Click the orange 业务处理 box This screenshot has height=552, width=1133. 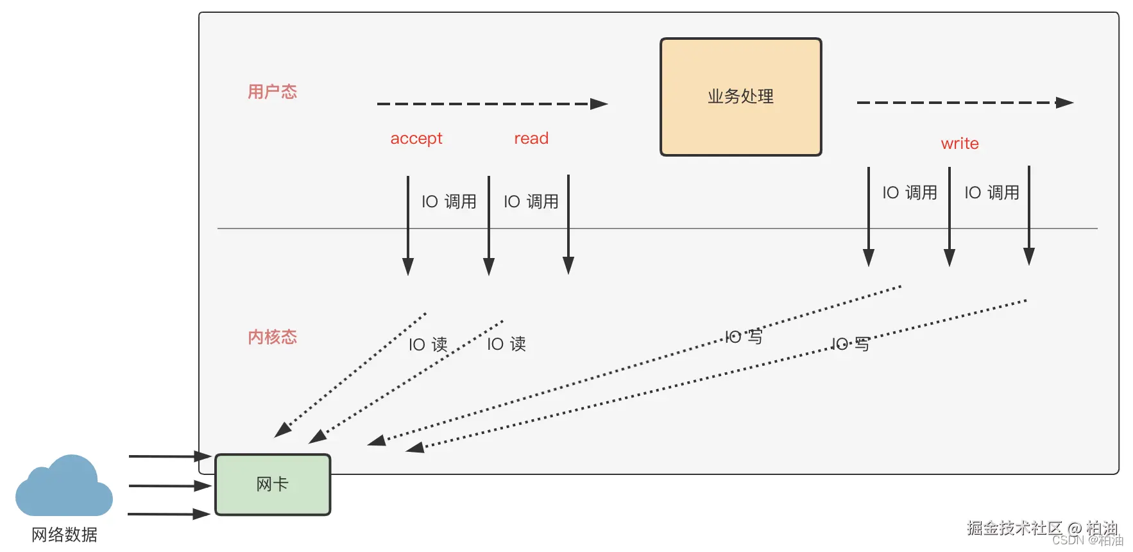(x=741, y=97)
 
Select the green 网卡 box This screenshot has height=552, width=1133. (x=273, y=485)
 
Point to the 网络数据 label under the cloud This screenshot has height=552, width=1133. (x=64, y=535)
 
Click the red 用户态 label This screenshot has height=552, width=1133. (x=273, y=92)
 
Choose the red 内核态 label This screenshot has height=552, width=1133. (x=273, y=337)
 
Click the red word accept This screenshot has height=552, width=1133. (x=416, y=139)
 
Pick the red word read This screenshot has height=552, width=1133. (x=531, y=139)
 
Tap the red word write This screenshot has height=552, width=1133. (x=960, y=144)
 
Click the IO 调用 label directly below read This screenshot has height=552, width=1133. (x=531, y=202)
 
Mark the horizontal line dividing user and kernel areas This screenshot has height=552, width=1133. (x=706, y=229)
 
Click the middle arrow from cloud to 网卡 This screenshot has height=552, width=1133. (x=169, y=486)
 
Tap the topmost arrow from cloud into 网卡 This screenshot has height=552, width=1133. (x=169, y=456)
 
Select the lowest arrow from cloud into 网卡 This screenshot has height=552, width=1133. (x=169, y=514)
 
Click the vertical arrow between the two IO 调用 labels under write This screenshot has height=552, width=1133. (x=950, y=215)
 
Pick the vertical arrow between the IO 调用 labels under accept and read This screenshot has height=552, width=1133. (x=489, y=225)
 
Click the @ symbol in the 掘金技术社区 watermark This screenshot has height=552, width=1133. (x=1075, y=528)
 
